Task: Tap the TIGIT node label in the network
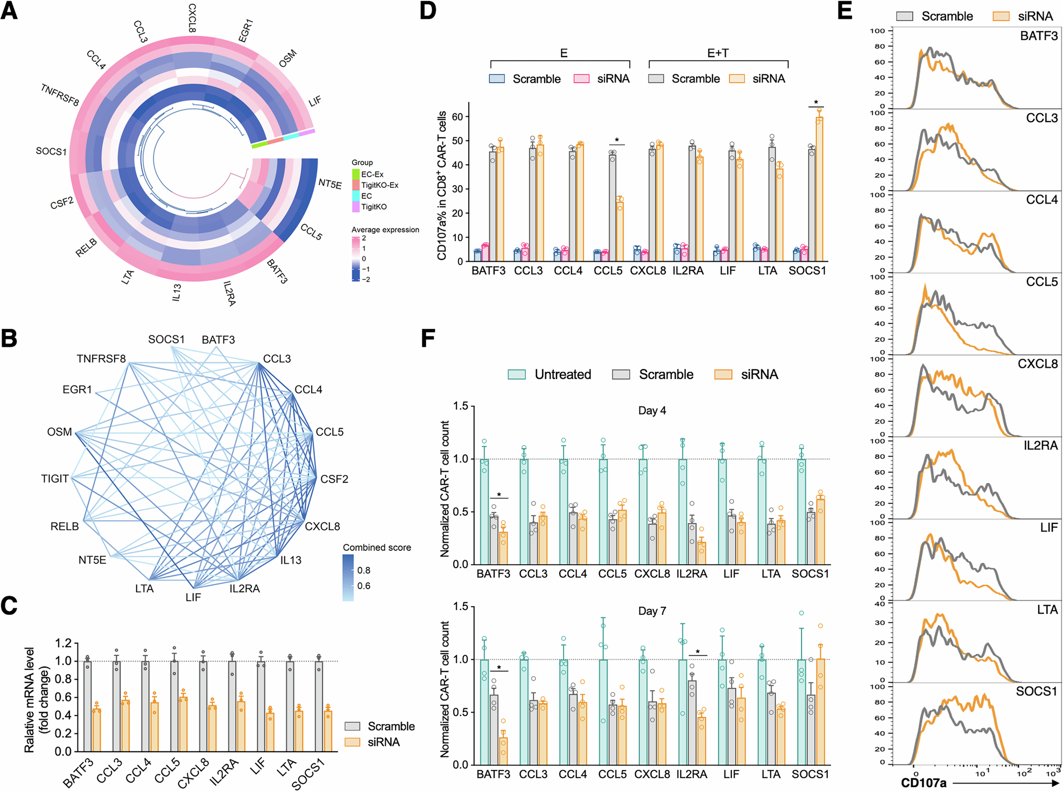coord(55,479)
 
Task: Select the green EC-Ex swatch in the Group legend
coord(356,174)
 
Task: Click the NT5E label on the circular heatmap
coord(330,184)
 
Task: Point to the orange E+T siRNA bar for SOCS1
coord(819,188)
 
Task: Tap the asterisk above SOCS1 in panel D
coord(816,103)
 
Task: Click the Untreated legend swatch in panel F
coord(517,374)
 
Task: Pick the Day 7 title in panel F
coord(652,611)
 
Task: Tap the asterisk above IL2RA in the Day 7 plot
coord(698,652)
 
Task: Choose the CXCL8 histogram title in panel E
coord(1037,364)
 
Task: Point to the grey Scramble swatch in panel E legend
coord(905,16)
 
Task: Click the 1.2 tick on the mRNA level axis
coord(64,643)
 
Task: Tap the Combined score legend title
coord(377,548)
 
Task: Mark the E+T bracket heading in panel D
coord(717,53)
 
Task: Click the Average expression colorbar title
coord(385,230)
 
